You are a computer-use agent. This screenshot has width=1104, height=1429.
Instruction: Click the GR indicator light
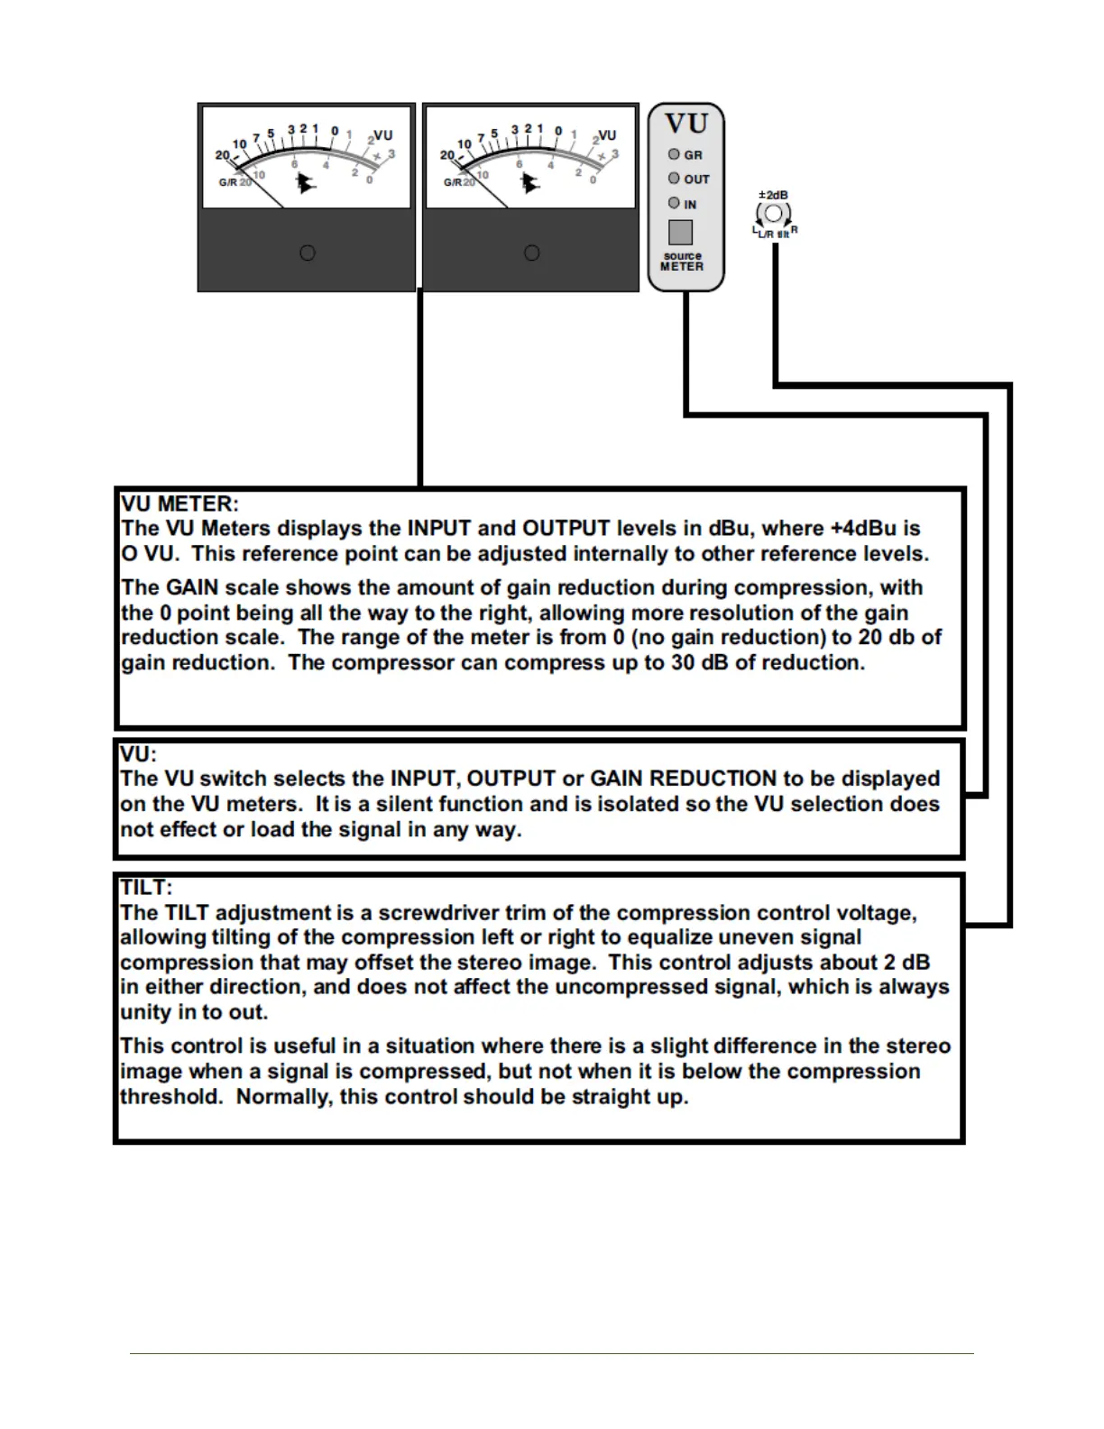(674, 154)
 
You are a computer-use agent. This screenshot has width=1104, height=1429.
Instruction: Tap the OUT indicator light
(674, 179)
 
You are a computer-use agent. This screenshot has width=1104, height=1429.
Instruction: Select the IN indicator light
(674, 203)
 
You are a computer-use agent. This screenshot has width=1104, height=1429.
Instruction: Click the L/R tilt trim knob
(774, 214)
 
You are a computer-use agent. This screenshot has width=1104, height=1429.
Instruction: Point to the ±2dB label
(773, 195)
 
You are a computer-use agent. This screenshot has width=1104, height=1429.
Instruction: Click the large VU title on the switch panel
(686, 124)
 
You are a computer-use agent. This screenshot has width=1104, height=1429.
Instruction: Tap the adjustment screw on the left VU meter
(308, 253)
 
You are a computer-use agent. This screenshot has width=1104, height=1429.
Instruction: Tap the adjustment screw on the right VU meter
(532, 253)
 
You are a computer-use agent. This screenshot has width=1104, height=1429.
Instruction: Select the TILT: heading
(146, 887)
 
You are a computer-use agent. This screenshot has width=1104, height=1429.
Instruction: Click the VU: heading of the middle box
(139, 753)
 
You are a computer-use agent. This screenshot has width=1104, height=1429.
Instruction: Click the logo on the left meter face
(307, 183)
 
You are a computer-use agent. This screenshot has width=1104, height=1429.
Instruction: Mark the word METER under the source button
(682, 267)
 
